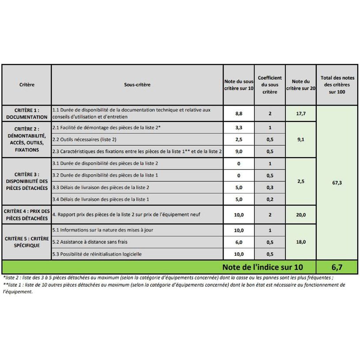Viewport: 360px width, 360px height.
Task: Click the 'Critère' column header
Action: tap(27, 85)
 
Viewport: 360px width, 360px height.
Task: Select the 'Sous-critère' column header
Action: tap(137, 85)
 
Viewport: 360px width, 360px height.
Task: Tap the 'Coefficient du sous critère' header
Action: tap(269, 85)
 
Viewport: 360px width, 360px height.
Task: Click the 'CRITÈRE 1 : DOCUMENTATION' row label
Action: tap(27, 114)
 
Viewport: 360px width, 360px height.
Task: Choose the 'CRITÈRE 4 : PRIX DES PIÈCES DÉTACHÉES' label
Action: tap(27, 215)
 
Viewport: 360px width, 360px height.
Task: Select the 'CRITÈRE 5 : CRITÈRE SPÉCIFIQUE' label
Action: tap(27, 242)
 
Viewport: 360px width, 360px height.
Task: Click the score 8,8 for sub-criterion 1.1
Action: tap(239, 114)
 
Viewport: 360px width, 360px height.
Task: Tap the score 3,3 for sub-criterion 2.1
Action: tap(239, 128)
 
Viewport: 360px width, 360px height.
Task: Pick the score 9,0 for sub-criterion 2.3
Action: tap(239, 152)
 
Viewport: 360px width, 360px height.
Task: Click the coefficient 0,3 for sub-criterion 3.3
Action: tap(269, 187)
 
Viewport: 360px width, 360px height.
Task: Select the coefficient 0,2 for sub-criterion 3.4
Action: tap(269, 199)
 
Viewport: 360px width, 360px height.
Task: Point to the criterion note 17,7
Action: tap(300, 114)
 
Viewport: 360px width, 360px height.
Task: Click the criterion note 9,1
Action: tap(300, 140)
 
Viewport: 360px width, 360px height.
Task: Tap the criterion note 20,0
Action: tap(300, 215)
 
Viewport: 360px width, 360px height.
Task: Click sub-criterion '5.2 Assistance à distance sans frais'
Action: tap(90, 242)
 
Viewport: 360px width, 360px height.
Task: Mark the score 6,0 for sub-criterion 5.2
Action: tap(239, 242)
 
